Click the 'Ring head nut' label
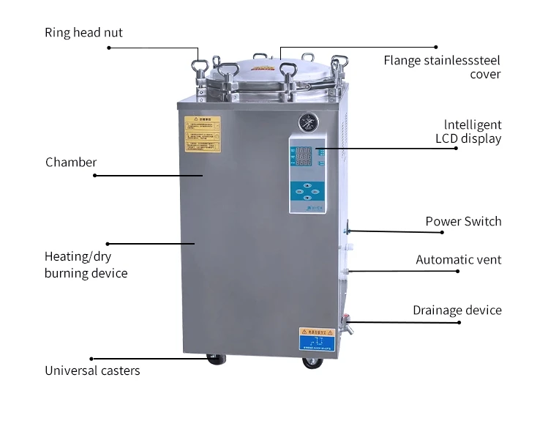point(83,32)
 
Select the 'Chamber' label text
point(71,162)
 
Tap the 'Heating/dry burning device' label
point(86,264)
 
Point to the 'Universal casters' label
point(92,370)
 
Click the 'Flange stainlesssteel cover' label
point(442,67)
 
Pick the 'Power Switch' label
point(463,221)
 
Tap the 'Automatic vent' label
point(459,259)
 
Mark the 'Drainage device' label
point(457,310)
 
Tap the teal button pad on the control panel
point(305,192)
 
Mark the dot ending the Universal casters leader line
point(91,359)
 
